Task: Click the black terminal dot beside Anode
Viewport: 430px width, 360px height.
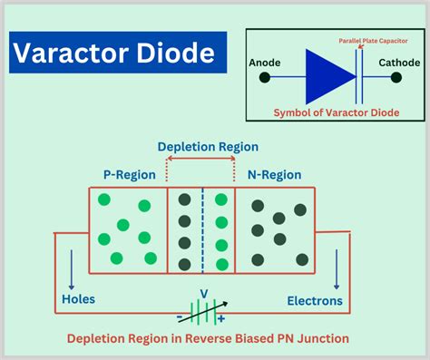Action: (265, 78)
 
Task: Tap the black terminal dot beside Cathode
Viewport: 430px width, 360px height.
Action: (396, 78)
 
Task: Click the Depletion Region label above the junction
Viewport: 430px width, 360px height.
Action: (208, 146)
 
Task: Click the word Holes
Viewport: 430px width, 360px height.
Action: (78, 298)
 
